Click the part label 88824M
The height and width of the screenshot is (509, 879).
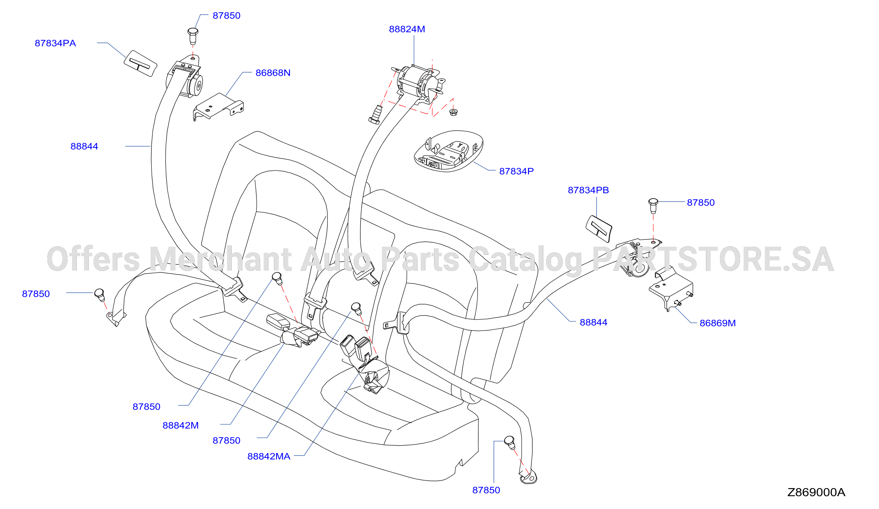coord(407,29)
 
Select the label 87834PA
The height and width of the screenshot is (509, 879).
coord(55,43)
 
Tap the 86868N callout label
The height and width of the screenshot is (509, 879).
coord(273,73)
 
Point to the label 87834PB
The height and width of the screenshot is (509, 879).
coord(588,190)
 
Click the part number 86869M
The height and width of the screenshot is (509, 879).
coord(718,323)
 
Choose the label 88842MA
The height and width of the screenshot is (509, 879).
coord(268,456)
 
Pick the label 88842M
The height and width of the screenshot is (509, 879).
coord(180,425)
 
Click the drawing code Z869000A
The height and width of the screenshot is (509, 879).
coord(816,492)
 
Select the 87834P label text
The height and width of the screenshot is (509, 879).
coord(516,171)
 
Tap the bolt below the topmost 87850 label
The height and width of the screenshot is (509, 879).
coord(193,36)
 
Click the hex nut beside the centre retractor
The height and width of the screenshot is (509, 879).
coord(453,112)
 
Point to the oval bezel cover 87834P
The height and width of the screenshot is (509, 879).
coord(448,151)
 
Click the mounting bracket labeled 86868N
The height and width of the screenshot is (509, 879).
coord(218,106)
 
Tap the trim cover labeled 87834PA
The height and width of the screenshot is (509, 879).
coord(140,63)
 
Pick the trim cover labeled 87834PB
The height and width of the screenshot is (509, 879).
coord(599,228)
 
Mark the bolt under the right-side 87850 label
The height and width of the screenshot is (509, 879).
coord(653,205)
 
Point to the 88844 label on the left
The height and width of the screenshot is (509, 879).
coord(84,146)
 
